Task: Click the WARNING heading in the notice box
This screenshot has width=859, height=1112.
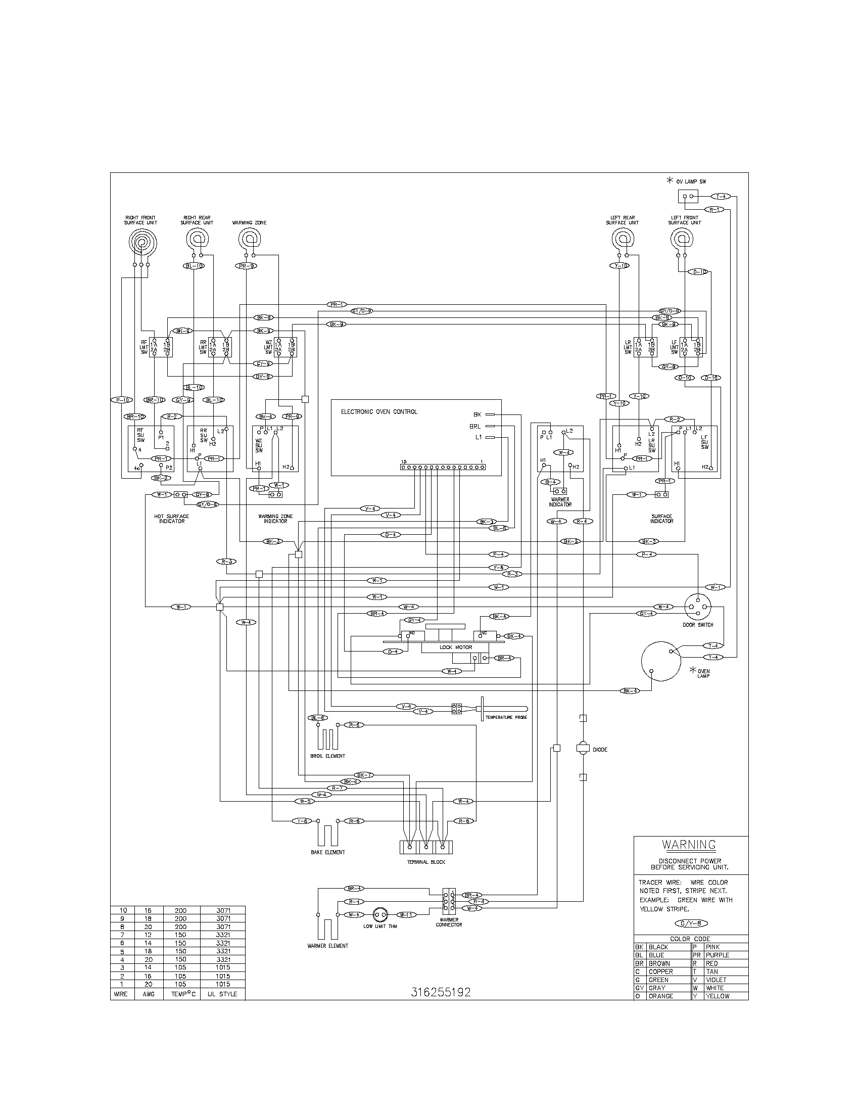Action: tap(688, 845)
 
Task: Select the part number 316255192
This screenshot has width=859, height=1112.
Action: tap(440, 992)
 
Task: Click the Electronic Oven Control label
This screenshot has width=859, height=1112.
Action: tap(378, 412)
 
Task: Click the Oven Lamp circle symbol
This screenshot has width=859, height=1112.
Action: tap(660, 661)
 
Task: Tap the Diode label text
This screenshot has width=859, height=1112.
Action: tap(600, 750)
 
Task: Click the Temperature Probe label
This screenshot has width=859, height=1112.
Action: tap(506, 717)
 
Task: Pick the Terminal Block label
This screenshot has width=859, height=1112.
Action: tap(426, 862)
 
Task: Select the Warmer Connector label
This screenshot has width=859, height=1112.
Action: tap(449, 922)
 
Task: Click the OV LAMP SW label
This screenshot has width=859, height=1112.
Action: tap(691, 181)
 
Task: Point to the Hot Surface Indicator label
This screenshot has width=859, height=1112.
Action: tap(171, 519)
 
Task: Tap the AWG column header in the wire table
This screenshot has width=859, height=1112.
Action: tap(149, 994)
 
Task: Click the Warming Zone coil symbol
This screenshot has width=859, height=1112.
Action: tap(249, 238)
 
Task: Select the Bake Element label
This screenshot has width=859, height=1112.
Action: tap(328, 852)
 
